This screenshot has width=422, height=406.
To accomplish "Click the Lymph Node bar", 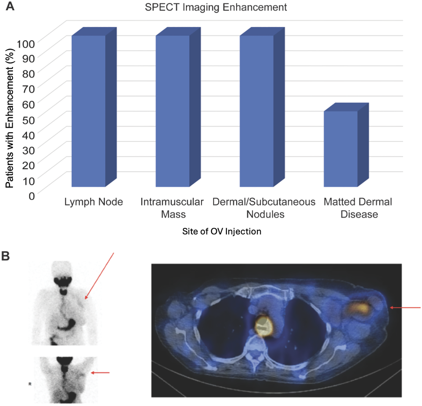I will pyautogui.click(x=89, y=111).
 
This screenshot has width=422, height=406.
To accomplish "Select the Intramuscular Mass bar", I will pyautogui.click(x=173, y=111).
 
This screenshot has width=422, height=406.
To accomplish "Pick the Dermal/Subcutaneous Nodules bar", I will pyautogui.click(x=256, y=111).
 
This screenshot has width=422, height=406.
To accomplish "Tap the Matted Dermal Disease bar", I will pyautogui.click(x=341, y=149).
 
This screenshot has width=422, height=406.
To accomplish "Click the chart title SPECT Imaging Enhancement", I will pyautogui.click(x=216, y=7).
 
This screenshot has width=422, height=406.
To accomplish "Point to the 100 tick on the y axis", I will pyautogui.click(x=26, y=44).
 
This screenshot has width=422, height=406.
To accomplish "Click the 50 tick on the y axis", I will pyautogui.click(x=29, y=120).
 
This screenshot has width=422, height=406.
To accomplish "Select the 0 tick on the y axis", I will pyautogui.click(x=32, y=196).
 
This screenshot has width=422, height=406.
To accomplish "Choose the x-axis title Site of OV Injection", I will pyautogui.click(x=222, y=231).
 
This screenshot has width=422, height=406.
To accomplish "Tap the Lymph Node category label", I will pyautogui.click(x=93, y=202).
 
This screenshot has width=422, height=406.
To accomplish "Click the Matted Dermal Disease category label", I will pyautogui.click(x=358, y=208).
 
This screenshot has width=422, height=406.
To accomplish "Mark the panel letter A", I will pyautogui.click(x=10, y=6).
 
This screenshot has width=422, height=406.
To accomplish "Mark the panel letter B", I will pyautogui.click(x=5, y=256).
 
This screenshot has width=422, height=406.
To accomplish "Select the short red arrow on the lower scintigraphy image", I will pyautogui.click(x=100, y=373).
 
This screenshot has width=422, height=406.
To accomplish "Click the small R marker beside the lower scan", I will pyautogui.click(x=30, y=384).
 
